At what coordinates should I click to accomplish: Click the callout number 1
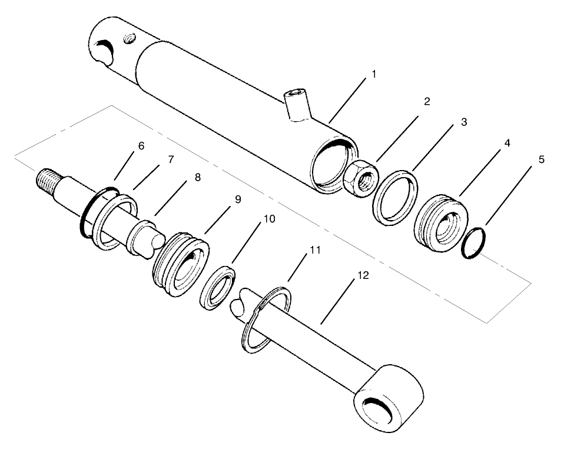coord(373,76)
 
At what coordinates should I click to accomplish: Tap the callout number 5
coord(541,159)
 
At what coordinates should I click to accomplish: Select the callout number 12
coord(363,276)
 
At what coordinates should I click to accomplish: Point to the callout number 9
coord(238,199)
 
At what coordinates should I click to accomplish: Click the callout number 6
coord(141,145)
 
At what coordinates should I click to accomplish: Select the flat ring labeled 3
coord(397,198)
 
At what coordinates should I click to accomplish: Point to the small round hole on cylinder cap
coord(129,39)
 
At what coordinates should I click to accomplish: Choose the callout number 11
coord(315,250)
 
